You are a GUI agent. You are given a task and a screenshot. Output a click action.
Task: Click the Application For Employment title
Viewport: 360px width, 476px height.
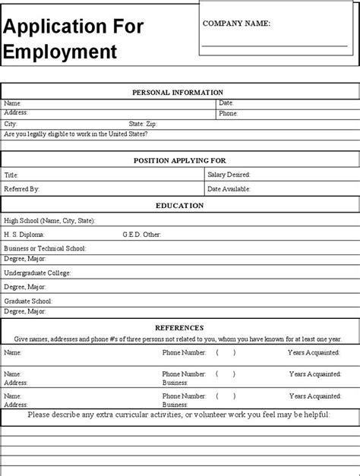coord(73,39)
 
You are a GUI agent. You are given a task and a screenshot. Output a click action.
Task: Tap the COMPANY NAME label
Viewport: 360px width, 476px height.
coord(236,24)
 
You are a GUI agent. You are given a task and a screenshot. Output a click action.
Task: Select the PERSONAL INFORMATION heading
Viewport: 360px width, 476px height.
coord(178,93)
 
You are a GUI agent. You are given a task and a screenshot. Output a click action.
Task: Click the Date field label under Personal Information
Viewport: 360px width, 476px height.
coord(226,102)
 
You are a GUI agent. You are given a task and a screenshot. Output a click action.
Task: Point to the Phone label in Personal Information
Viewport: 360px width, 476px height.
coord(229,113)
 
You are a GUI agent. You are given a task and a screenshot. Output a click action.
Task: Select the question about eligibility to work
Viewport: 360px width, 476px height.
coord(76,134)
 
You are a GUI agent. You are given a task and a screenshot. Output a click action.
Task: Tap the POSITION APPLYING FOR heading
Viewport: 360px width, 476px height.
coord(180,160)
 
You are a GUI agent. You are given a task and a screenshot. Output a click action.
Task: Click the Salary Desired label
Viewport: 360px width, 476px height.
coord(229,175)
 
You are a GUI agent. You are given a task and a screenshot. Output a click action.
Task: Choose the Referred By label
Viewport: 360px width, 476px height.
coord(21,188)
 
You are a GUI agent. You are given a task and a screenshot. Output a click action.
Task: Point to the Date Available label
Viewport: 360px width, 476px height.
coord(229,188)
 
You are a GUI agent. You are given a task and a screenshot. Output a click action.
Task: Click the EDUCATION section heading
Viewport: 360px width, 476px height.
coord(180,205)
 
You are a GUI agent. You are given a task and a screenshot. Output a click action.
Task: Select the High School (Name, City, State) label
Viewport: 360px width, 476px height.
coord(49,220)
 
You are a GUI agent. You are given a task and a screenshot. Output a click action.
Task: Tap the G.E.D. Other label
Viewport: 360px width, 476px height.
coord(142,235)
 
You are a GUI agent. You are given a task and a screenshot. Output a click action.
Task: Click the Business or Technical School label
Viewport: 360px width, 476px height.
coord(45,248)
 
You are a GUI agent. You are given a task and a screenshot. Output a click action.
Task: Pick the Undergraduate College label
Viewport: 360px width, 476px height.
coord(37,273)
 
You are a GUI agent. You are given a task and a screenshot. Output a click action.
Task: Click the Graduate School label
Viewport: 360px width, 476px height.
coord(29,301)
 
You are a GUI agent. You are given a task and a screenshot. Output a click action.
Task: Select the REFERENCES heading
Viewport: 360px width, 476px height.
coord(179,327)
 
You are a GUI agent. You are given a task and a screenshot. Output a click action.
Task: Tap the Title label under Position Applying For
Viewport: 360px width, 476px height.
coord(11,175)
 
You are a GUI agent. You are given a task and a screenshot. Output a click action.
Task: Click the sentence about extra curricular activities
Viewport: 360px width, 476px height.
coord(179,415)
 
